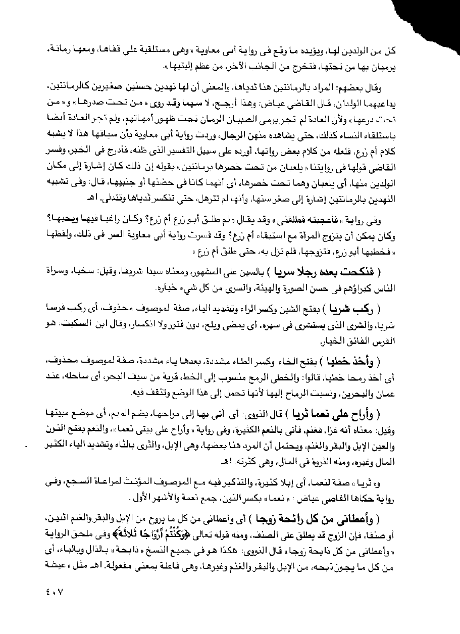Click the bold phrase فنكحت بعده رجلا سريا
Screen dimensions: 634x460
pos(336,271)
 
